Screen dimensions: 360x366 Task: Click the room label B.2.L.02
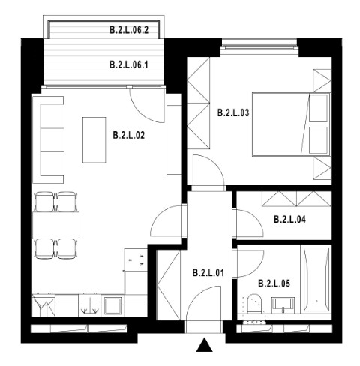point(129,135)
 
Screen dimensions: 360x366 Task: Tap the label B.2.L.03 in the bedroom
point(233,112)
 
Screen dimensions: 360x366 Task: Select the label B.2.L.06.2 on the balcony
point(129,30)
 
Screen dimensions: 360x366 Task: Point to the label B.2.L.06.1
point(129,64)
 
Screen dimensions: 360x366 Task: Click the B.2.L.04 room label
point(289,220)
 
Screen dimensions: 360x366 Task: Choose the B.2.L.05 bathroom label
point(274,283)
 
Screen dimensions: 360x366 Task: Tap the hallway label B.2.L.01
point(208,272)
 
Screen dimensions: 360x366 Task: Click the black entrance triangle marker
point(205,345)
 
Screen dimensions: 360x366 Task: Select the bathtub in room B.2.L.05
point(316,279)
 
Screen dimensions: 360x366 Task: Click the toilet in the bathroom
point(253,304)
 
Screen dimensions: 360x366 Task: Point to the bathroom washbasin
point(283,305)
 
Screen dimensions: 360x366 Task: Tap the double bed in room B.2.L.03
point(291,124)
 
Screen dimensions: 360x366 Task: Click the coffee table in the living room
point(94,140)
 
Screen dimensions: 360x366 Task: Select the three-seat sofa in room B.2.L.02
point(48,139)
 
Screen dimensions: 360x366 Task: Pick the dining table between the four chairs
point(56,225)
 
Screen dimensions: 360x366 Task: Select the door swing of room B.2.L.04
point(257,218)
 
